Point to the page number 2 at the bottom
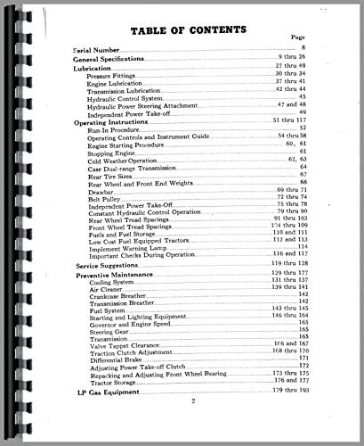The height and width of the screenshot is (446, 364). [192, 427]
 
